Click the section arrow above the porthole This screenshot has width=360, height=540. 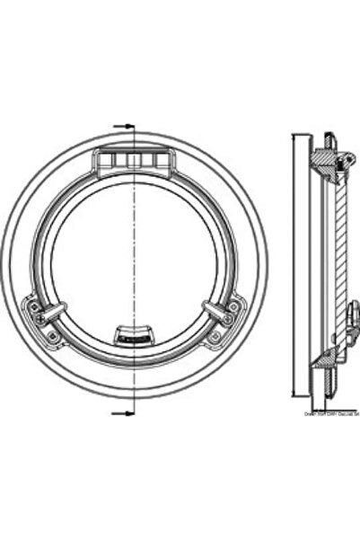(125, 126)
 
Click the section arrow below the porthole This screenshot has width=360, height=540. (125, 412)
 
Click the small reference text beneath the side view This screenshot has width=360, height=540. (332, 414)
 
